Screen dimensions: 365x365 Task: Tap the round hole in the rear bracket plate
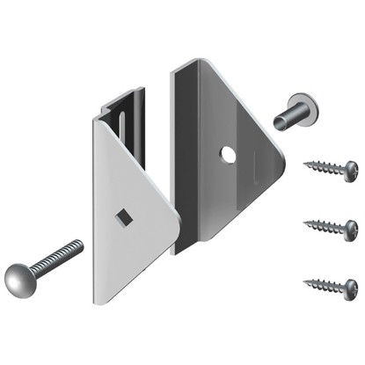coord(229,155)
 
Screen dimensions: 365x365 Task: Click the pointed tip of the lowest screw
coord(304,281)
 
